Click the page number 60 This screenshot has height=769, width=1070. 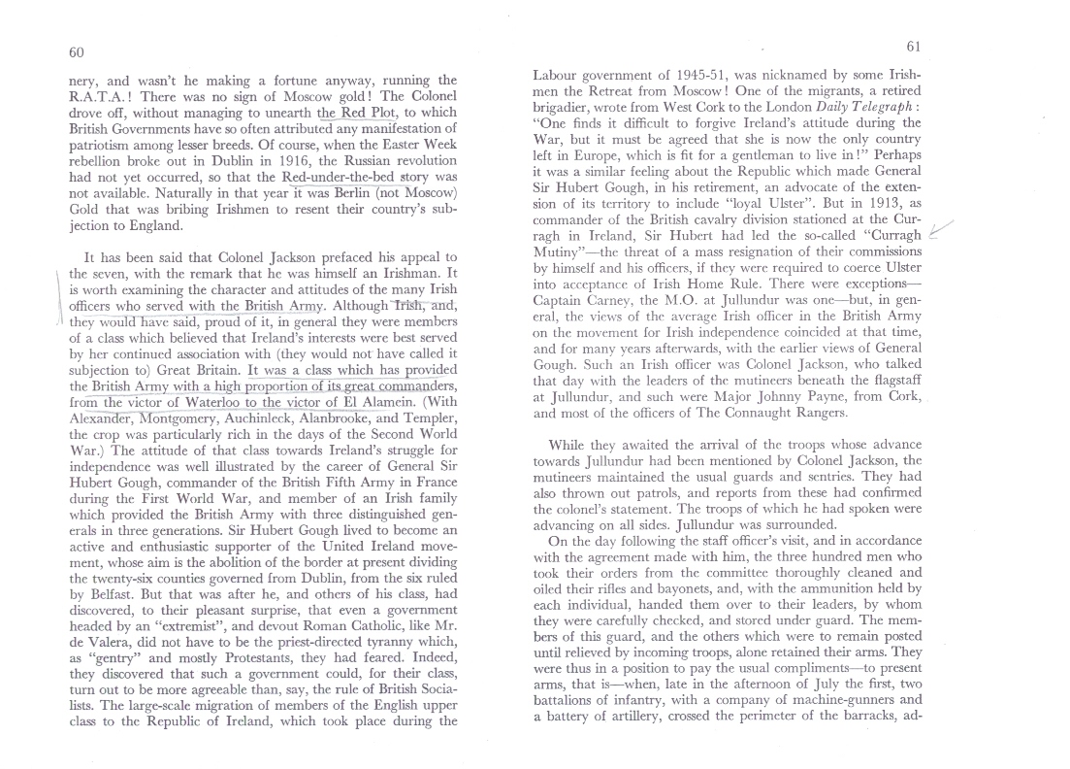point(77,51)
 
